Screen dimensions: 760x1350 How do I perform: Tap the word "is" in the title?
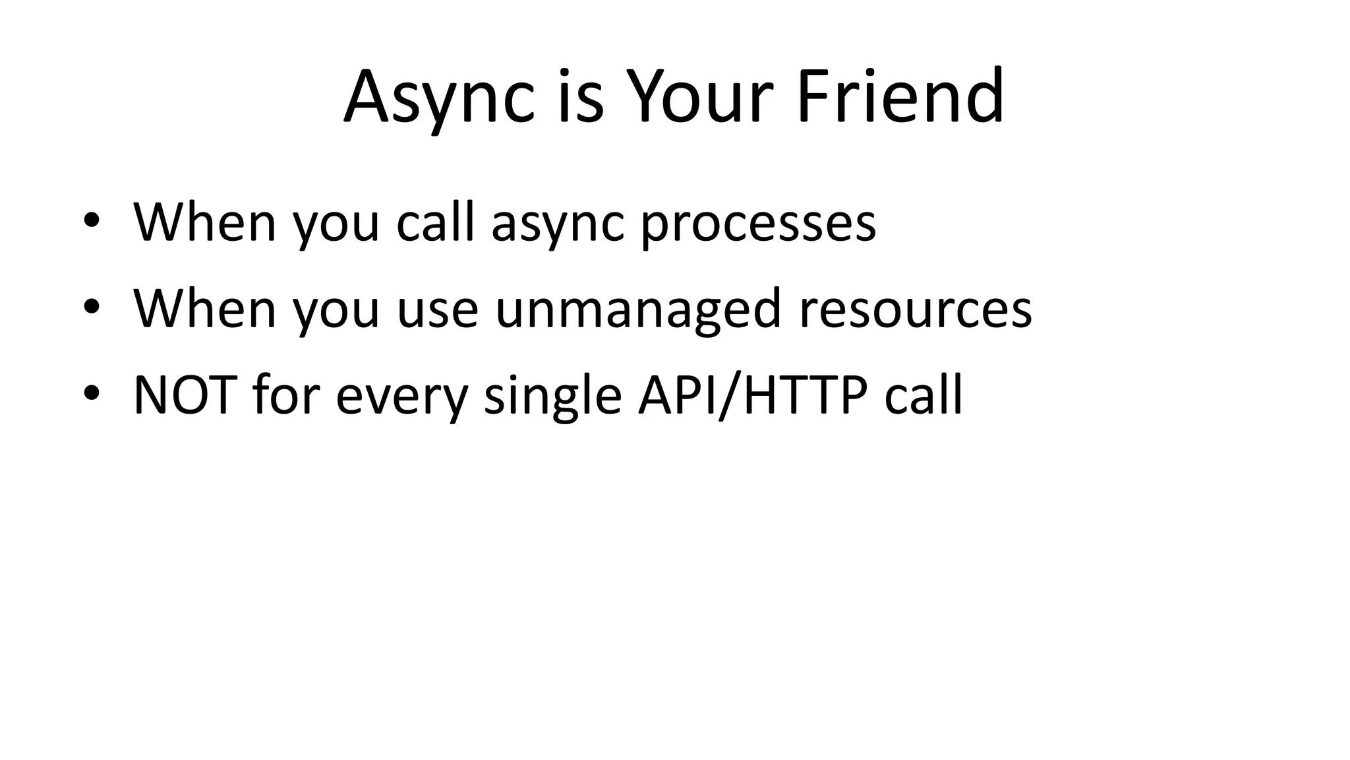coord(581,98)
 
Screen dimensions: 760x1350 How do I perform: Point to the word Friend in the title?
coord(900,98)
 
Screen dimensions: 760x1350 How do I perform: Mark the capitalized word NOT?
coord(185,395)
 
